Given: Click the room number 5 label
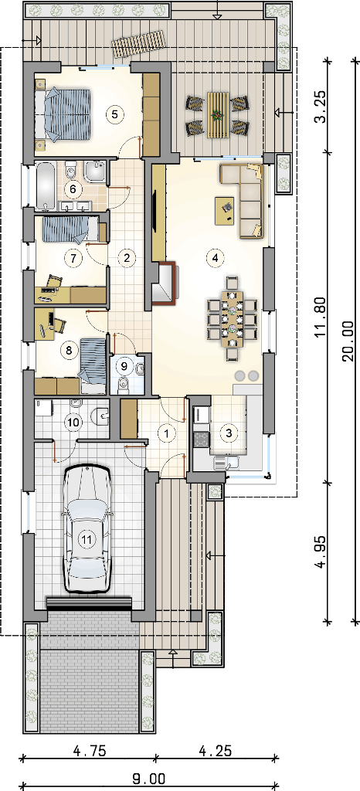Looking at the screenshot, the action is click(x=115, y=114).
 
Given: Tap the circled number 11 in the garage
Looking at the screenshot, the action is click(x=87, y=539).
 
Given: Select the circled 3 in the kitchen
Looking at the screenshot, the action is click(x=229, y=433).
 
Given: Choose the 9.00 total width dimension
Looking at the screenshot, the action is click(x=149, y=779).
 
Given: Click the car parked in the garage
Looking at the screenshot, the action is click(x=87, y=528).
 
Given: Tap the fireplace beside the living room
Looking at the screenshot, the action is click(x=164, y=284).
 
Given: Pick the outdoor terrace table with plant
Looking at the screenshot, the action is click(x=217, y=115).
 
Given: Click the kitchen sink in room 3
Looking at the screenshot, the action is click(x=226, y=461).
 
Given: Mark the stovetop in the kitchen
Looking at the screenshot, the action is click(x=201, y=439).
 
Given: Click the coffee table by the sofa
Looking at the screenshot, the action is click(x=226, y=210).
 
